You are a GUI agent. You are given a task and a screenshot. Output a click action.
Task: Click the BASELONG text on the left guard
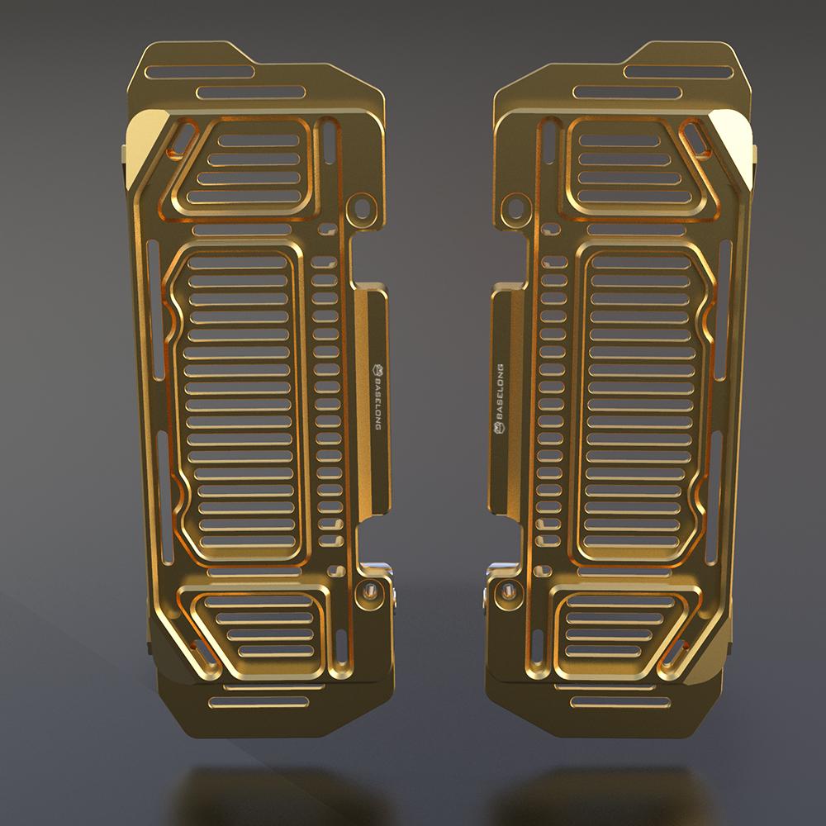(377, 401)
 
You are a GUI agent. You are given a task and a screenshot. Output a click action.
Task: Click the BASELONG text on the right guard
(500, 392)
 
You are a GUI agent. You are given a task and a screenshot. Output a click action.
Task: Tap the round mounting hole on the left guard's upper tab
(362, 206)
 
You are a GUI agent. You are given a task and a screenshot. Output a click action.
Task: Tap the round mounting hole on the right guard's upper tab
(515, 207)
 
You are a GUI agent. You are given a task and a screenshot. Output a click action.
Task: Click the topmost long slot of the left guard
(200, 71)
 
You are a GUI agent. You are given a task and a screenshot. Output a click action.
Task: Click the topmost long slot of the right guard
(678, 72)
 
